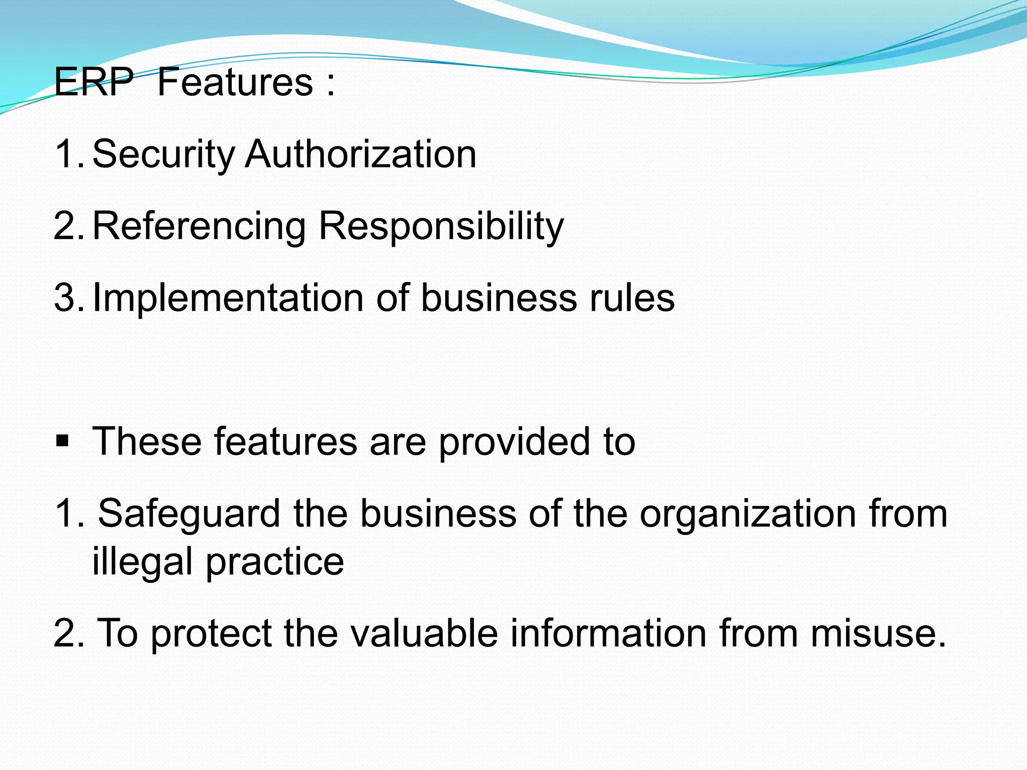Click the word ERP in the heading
94,82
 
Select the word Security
163,154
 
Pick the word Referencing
199,227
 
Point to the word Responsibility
441,227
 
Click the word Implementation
228,298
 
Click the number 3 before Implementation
65,298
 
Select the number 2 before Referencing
65,226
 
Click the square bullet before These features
62,442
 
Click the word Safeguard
189,514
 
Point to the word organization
748,514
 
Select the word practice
275,562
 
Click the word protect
211,633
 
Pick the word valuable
424,633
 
